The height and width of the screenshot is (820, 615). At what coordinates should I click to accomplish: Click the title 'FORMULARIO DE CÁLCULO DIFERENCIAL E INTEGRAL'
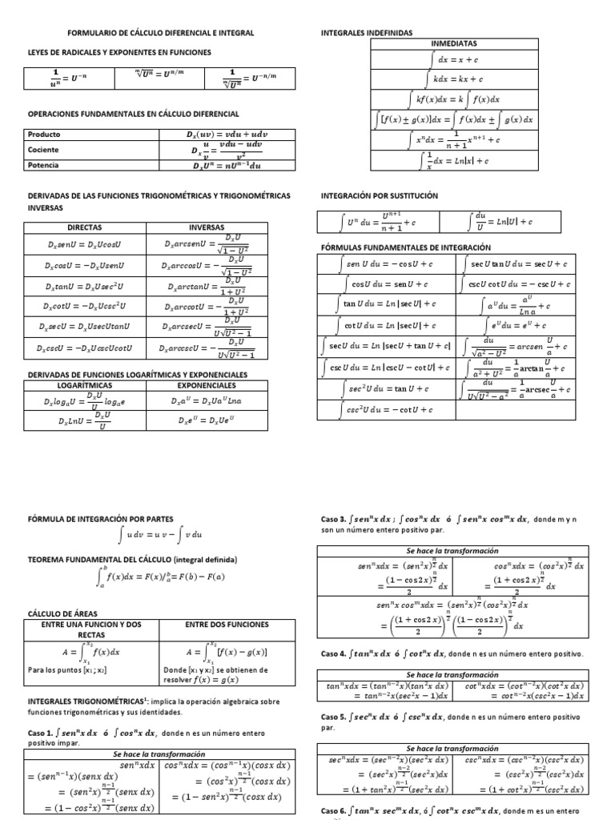point(160,33)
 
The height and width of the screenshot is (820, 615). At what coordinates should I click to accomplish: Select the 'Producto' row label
point(44,135)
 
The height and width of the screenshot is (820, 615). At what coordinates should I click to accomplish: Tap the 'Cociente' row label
point(43,150)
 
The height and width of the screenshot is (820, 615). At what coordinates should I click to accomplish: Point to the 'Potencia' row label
point(43,166)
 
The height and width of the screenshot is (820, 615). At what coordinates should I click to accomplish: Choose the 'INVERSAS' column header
point(207,227)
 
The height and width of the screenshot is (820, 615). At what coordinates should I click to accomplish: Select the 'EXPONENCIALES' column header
point(207,385)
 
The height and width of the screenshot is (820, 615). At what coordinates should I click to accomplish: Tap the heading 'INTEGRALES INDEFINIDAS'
point(367,33)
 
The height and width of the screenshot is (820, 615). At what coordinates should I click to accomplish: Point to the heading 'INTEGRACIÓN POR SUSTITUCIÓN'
point(380,195)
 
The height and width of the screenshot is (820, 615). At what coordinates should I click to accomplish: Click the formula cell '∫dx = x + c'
point(454,59)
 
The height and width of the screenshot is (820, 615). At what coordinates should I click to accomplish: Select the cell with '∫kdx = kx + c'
point(454,79)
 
